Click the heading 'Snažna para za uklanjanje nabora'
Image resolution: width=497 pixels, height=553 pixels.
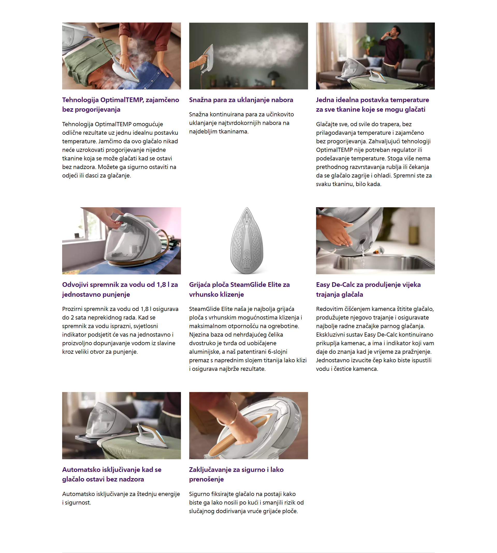(x=241, y=100)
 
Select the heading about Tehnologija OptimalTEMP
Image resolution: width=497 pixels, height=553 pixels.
(x=120, y=105)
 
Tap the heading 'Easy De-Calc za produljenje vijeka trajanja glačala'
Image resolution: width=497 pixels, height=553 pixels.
(x=368, y=289)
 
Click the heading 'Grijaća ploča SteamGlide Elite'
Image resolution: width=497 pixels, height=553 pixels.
(x=239, y=289)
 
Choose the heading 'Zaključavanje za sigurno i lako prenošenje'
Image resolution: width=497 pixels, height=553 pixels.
(x=236, y=474)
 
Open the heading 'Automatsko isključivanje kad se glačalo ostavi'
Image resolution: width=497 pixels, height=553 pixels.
(x=112, y=474)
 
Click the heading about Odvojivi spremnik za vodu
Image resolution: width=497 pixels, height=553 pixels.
(x=120, y=289)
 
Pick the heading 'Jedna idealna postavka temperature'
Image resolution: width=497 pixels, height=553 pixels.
(x=372, y=105)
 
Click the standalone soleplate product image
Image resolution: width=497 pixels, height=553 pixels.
(x=247, y=240)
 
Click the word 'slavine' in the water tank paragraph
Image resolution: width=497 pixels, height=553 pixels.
(x=166, y=343)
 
